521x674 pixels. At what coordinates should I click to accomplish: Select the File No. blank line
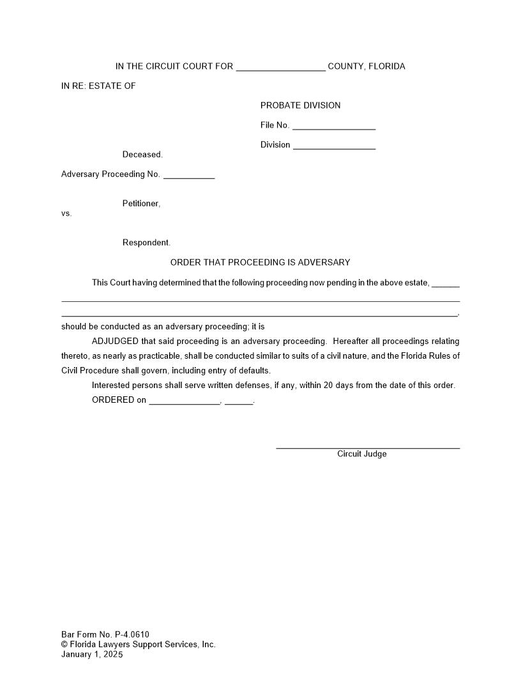click(x=333, y=126)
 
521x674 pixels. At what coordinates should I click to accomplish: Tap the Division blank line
click(x=334, y=146)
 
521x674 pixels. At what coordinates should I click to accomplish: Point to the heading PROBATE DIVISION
click(x=300, y=105)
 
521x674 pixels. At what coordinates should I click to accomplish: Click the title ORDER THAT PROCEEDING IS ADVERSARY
click(x=260, y=262)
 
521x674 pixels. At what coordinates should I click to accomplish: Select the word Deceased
click(x=142, y=154)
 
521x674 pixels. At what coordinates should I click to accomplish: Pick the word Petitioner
click(x=141, y=204)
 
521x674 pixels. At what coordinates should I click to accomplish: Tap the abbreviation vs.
click(x=66, y=213)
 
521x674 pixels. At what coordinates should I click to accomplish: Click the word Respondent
click(x=146, y=243)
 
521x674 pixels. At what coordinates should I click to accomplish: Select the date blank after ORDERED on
click(x=184, y=401)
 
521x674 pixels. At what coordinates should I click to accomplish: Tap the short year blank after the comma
click(x=239, y=401)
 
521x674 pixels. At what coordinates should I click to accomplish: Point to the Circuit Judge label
click(x=361, y=454)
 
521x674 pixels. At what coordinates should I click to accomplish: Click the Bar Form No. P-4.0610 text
click(x=105, y=634)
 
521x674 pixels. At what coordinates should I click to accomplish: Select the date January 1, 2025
click(x=92, y=654)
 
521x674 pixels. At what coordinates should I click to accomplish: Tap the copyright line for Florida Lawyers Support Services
click(x=139, y=644)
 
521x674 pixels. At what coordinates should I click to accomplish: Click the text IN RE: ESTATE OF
click(x=98, y=86)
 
